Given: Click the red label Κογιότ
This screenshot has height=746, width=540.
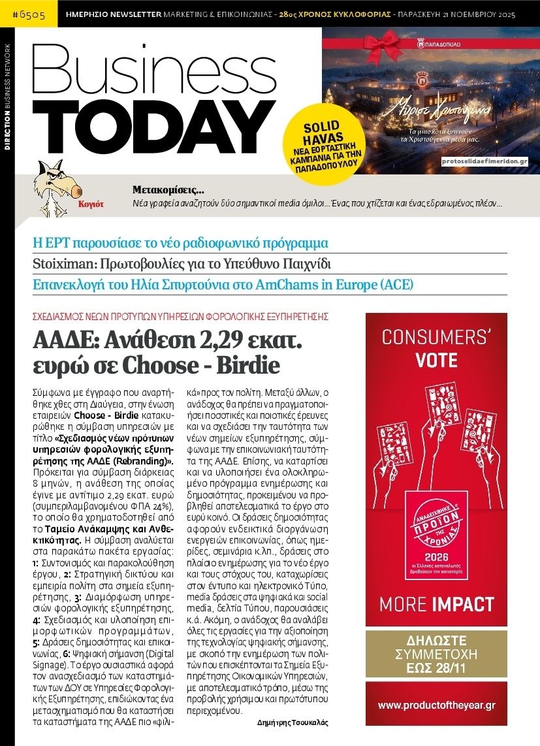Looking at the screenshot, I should [91, 203].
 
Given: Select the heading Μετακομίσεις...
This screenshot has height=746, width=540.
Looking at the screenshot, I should [168, 191].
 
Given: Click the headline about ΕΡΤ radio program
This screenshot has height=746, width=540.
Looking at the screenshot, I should [180, 244].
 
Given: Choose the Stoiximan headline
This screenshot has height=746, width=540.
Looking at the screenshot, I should [182, 265].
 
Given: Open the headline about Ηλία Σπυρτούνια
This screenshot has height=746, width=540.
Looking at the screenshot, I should [223, 285].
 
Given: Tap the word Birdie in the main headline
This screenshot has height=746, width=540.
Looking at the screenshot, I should [250, 365].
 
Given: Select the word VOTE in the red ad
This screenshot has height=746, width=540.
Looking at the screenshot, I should [436, 361].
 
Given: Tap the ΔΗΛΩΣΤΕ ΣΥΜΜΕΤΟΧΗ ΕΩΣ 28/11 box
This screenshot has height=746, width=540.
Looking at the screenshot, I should [436, 654].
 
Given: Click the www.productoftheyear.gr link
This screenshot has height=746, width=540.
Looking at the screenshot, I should [436, 705].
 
